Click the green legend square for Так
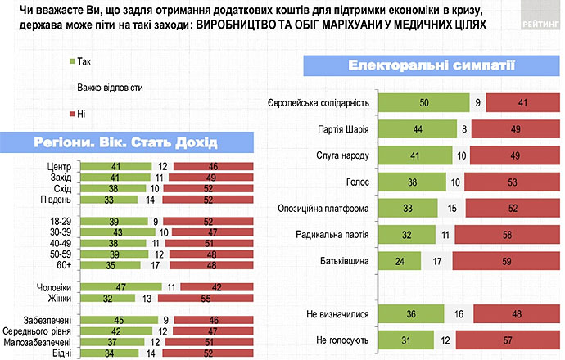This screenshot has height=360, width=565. click(x=73, y=61)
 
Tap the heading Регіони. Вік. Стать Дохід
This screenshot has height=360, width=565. click(x=126, y=142)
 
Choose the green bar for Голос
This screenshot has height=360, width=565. click(x=414, y=182)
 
